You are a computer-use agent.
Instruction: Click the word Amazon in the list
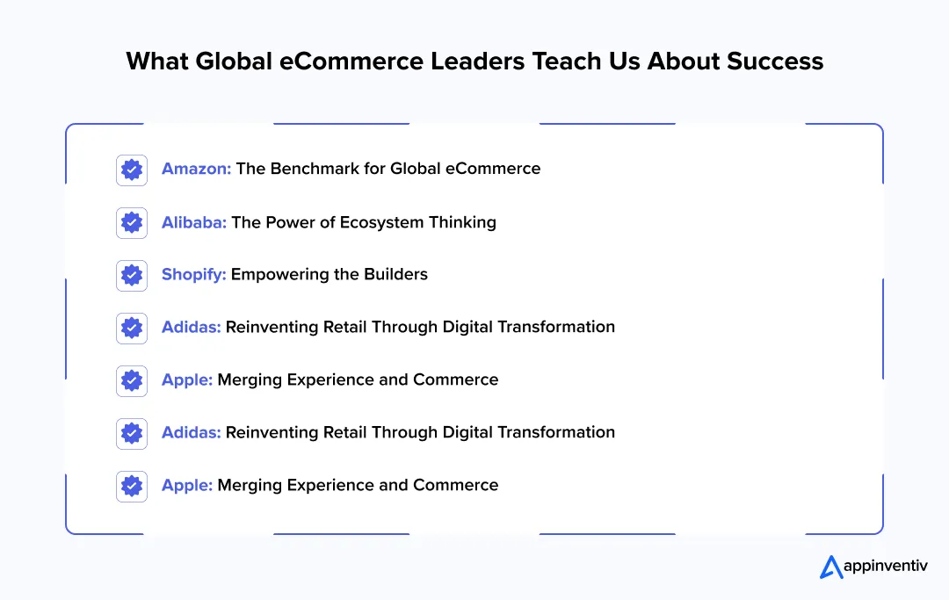(x=195, y=169)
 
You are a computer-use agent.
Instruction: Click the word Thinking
(x=462, y=222)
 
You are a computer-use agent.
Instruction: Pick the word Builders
(x=391, y=274)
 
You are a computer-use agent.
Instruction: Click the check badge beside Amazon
(x=132, y=170)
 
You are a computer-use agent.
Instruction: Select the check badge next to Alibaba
(x=132, y=222)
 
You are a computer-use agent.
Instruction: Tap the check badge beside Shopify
(x=132, y=275)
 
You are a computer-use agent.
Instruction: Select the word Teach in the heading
(x=575, y=61)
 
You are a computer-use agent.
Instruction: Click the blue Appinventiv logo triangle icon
(x=830, y=567)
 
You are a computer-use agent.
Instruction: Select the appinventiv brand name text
(x=885, y=567)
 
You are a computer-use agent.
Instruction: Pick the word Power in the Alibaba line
(x=287, y=222)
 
